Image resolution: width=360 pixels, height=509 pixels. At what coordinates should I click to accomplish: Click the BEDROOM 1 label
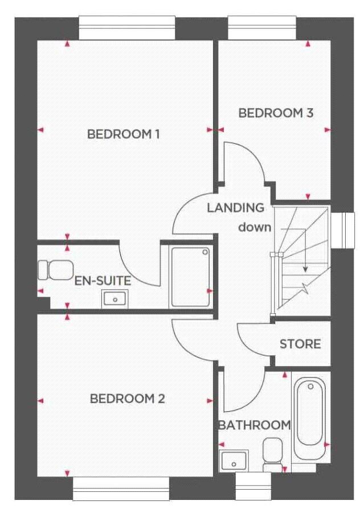coord(124,134)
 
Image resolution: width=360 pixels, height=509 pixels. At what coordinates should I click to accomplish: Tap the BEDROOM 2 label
coord(128,399)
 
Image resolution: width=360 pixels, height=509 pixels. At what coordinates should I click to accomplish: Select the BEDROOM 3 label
coord(276,113)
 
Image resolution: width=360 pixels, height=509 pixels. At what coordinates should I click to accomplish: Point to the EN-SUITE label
coord(103,281)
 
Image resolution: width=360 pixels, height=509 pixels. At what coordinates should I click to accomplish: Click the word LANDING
coord(236,208)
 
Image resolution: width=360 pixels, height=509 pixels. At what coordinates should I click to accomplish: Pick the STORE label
coord(300,344)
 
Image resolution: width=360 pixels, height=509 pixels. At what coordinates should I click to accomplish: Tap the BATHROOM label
coord(255,425)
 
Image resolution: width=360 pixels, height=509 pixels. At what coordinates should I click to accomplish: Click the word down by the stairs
coord(255,227)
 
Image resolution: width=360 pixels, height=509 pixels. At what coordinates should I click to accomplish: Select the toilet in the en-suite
coord(55,270)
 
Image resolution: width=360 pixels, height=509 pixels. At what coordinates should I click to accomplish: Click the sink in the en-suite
coord(115,299)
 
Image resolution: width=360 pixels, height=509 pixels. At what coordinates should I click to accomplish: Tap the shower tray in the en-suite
coord(191,277)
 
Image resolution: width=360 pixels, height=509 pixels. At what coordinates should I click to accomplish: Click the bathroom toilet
coord(273,455)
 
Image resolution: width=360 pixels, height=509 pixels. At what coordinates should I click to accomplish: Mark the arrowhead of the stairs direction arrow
coord(305,269)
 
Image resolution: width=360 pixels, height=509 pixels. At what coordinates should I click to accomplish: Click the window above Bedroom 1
coord(127,28)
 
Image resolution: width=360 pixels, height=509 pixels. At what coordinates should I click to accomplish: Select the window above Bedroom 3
coord(262,28)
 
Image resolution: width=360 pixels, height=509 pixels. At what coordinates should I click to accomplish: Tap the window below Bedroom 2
coord(121,489)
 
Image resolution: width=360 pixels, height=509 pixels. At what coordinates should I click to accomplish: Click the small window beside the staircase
coord(342,231)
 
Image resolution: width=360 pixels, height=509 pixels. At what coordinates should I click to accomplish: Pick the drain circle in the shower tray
coord(206,252)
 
